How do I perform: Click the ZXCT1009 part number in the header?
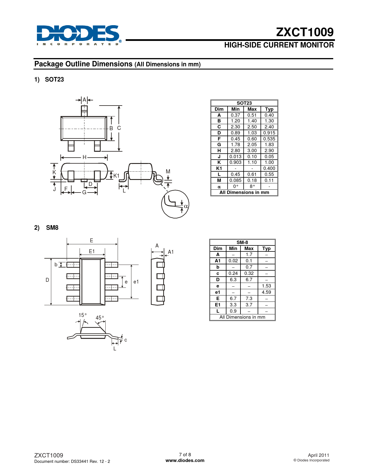click(x=305, y=32)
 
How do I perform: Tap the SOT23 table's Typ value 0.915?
click(x=269, y=133)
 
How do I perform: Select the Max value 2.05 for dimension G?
click(x=252, y=145)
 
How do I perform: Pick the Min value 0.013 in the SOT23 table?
click(x=235, y=156)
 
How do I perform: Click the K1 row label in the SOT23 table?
click(x=219, y=168)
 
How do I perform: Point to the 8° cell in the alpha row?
click(x=252, y=186)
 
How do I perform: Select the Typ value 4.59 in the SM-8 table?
click(x=266, y=292)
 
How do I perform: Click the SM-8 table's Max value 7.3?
click(x=249, y=298)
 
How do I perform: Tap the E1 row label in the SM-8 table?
click(x=218, y=305)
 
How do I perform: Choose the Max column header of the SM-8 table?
click(x=249, y=248)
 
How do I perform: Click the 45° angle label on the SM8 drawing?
click(x=100, y=318)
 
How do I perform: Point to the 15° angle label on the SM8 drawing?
click(x=83, y=315)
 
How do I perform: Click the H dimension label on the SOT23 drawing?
click(x=84, y=157)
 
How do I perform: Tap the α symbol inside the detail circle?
click(x=186, y=206)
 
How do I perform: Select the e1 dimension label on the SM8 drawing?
click(x=136, y=282)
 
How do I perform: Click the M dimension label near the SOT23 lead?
click(x=168, y=172)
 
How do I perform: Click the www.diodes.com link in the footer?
click(x=185, y=460)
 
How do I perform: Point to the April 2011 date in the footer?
click(x=318, y=455)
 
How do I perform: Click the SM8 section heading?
click(x=52, y=228)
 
